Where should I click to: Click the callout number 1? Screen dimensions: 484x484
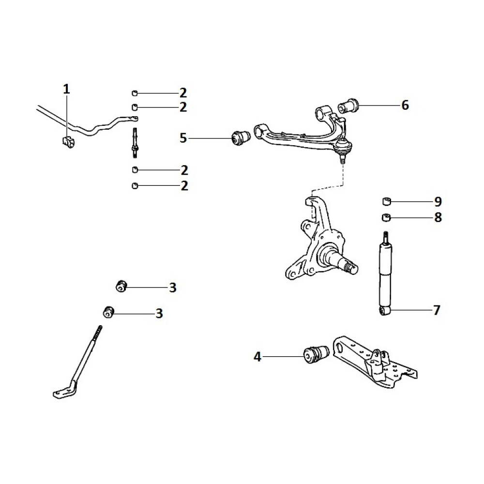[66, 89]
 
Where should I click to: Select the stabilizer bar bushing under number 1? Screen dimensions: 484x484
[69, 141]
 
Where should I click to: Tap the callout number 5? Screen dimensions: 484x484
[183, 138]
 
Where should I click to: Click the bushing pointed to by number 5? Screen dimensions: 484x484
[241, 138]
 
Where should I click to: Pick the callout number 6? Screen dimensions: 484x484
[405, 105]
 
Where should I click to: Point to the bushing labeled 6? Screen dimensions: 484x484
[349, 106]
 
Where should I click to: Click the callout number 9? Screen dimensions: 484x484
[438, 201]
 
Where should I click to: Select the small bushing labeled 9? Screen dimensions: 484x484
[386, 201]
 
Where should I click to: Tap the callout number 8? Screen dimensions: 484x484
[438, 217]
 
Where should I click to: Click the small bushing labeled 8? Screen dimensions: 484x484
[386, 217]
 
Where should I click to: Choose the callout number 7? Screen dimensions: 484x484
[437, 310]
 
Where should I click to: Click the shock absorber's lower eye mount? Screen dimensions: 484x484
[384, 311]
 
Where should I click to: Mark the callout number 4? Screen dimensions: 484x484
[257, 357]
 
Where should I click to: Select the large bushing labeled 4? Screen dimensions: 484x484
[316, 354]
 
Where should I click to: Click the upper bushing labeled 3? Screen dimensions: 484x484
[121, 286]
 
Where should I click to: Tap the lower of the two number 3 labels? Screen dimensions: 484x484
[159, 314]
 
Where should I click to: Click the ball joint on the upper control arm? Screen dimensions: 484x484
[344, 148]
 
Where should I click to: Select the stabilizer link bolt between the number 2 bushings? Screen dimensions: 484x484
[135, 143]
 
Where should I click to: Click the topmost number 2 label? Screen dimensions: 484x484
[183, 93]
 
